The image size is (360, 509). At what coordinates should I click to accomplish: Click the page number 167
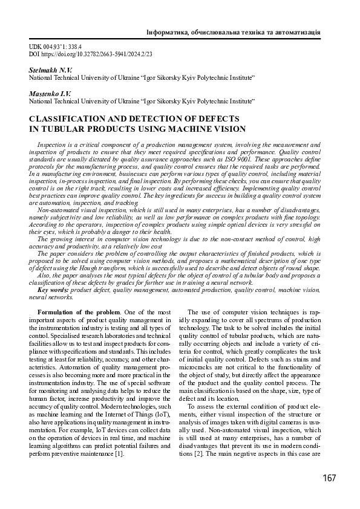tap(329, 478)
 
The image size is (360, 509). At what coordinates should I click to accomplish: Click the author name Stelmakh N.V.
tap(50, 71)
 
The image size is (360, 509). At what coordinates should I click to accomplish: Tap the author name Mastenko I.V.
tap(50, 94)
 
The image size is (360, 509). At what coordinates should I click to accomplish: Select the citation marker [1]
tap(120, 454)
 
